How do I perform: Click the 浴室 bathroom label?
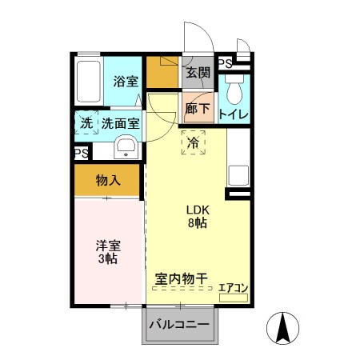[125, 81]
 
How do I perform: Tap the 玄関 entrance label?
[198, 73]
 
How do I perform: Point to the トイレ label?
[233, 114]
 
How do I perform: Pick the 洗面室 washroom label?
[121, 123]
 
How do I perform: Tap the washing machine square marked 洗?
[86, 123]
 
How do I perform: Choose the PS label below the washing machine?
[82, 153]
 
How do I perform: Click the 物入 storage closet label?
[108, 181]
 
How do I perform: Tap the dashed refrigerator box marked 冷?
[193, 142]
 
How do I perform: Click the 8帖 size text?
[197, 224]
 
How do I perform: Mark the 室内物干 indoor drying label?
[181, 278]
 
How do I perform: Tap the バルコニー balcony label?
[181, 326]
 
